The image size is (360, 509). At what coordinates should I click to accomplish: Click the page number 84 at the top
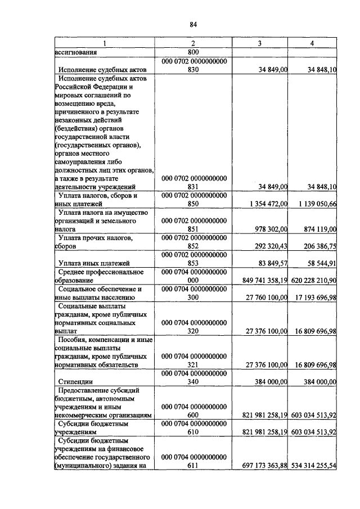click(x=193, y=24)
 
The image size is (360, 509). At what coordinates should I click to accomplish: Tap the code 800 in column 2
click(x=193, y=52)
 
